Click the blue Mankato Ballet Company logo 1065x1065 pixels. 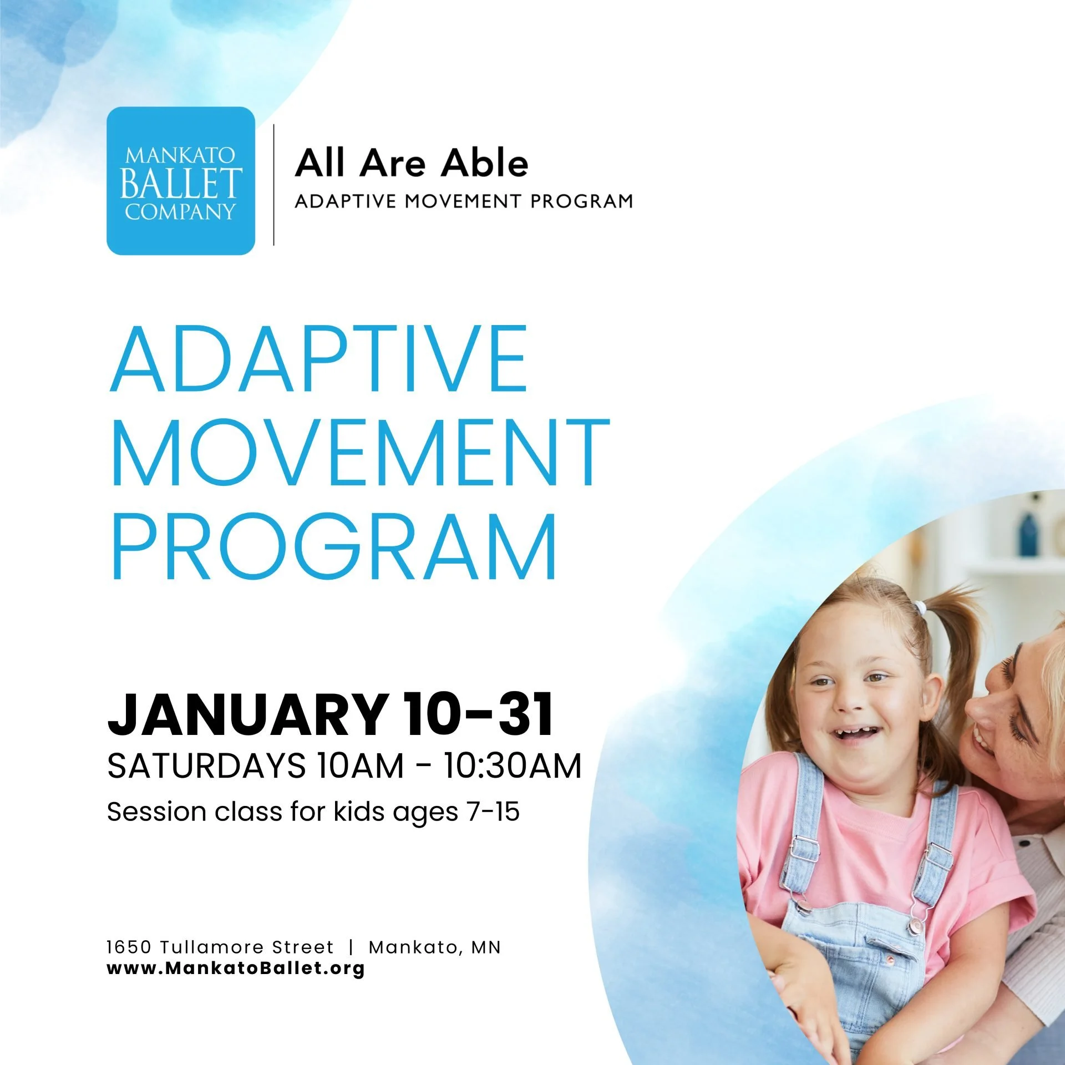pyautogui.click(x=180, y=181)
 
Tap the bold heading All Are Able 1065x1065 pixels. pyautogui.click(x=411, y=163)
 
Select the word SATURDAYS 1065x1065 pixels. pyautogui.click(x=206, y=766)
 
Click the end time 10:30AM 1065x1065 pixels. pyautogui.click(x=512, y=766)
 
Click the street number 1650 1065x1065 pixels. pyautogui.click(x=129, y=947)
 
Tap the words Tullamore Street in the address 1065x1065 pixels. pyautogui.click(x=247, y=947)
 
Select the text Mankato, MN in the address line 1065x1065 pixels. pyautogui.click(x=434, y=947)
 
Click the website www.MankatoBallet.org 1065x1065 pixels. pyautogui.click(x=236, y=969)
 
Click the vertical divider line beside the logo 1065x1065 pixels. pyautogui.click(x=274, y=185)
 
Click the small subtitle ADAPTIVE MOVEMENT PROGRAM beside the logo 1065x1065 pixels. pyautogui.click(x=464, y=201)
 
